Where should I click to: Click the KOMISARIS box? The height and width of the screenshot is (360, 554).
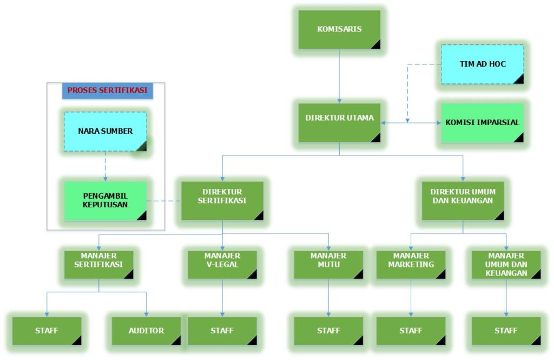tap(339, 29)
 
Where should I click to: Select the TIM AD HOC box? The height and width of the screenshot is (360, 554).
tap(482, 64)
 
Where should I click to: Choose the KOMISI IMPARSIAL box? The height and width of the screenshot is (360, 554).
tap(482, 122)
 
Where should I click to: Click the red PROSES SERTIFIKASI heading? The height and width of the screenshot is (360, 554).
tap(107, 90)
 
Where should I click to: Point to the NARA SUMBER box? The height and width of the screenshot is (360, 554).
tap(105, 131)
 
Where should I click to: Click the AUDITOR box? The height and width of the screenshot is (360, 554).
tap(146, 331)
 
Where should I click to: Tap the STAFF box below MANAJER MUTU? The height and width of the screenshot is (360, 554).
tap(328, 331)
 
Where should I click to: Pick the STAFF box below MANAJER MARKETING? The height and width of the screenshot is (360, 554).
tap(411, 331)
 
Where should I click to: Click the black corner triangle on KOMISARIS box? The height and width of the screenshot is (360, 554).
tap(375, 44)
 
